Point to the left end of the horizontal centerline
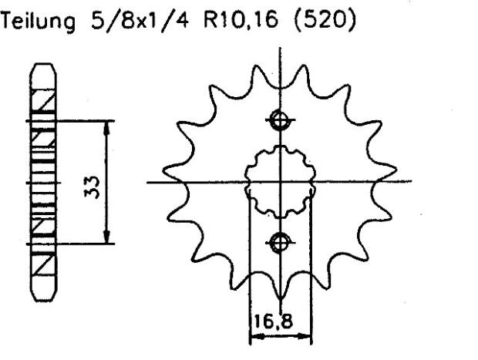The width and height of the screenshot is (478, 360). [x=148, y=183]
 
